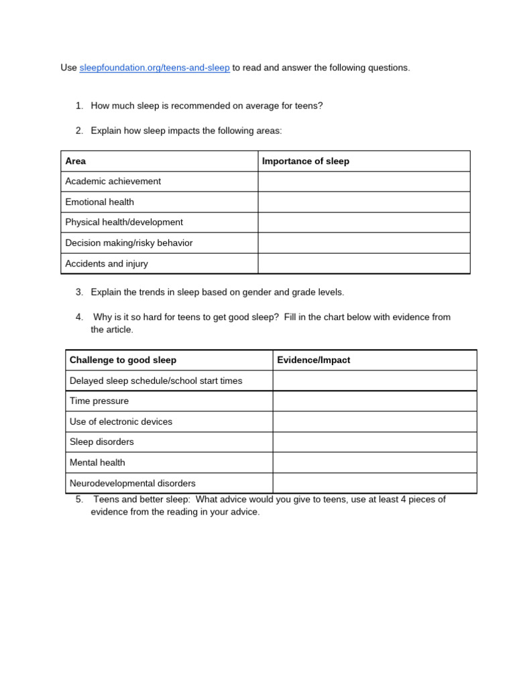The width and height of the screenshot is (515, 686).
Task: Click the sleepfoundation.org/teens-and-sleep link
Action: [x=154, y=68]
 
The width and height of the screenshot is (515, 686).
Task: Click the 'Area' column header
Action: [x=76, y=161]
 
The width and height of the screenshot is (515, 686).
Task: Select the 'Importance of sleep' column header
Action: [x=305, y=161]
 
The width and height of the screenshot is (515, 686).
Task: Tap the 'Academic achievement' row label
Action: [x=113, y=182]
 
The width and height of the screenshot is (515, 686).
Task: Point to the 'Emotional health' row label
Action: [x=99, y=202]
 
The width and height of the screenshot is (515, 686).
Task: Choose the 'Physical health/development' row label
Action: [x=123, y=222]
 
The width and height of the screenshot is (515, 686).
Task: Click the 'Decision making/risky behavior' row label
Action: [x=129, y=243]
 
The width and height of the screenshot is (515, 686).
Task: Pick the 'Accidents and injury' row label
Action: [x=106, y=264]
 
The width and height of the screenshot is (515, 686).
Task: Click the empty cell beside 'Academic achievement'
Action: [x=363, y=182]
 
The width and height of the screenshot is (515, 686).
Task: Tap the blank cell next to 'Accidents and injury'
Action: [x=363, y=264]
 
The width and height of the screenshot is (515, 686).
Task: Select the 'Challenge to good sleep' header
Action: [x=123, y=360]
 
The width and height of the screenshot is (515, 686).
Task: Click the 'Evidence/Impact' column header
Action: [x=314, y=360]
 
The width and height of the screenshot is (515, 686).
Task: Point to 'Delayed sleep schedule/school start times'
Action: [x=156, y=381]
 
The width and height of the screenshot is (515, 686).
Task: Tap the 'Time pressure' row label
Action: [x=99, y=401]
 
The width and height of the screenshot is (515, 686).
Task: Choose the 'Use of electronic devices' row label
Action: [x=121, y=422]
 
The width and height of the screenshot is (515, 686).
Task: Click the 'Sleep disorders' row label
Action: [x=101, y=442]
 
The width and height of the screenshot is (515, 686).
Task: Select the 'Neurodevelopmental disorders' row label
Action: [x=133, y=483]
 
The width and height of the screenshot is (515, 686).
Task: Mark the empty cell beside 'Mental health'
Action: [x=374, y=462]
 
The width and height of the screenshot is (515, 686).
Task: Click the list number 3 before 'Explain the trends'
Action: [x=78, y=292]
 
